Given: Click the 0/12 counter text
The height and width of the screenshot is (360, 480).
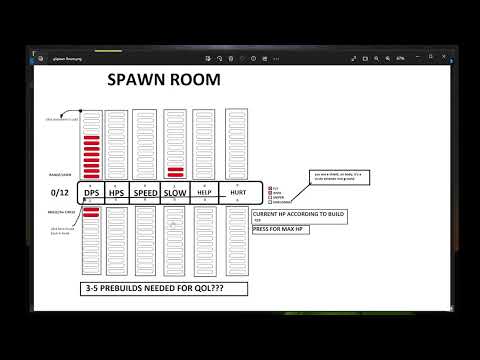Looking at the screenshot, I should click(x=56, y=193).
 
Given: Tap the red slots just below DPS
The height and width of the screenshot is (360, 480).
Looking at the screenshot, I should click(x=90, y=212).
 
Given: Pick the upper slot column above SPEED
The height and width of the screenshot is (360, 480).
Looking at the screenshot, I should click(x=146, y=145).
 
